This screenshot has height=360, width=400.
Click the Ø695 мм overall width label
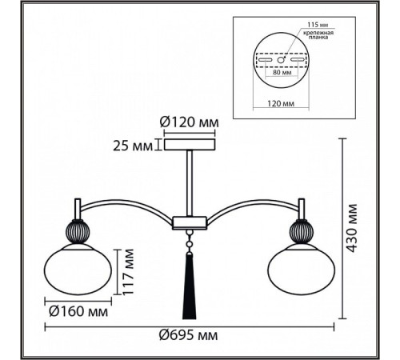coord(189,335)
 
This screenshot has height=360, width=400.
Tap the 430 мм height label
coord(352,228)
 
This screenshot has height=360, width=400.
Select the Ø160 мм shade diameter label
coord(78,311)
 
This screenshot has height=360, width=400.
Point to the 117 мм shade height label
coord(128,271)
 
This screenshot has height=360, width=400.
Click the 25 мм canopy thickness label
coord(133,146)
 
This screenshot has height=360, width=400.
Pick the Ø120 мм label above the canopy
coord(189,122)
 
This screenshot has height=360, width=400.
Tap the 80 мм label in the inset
coord(282,72)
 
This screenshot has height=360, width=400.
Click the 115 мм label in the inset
coord(318,25)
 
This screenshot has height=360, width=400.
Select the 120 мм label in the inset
coord(281,103)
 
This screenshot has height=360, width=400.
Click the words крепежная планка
coord(318,35)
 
